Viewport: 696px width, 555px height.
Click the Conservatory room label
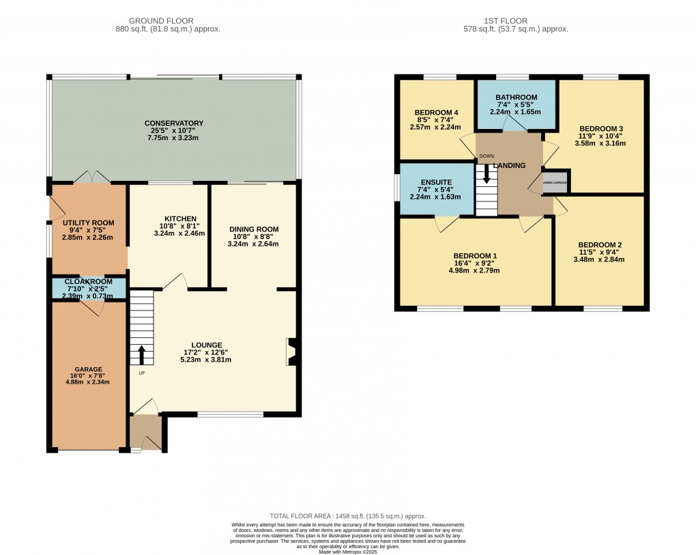(173, 124)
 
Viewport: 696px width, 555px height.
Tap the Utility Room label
(88, 223)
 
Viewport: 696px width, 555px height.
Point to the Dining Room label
(253, 229)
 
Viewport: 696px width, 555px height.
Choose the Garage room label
(89, 369)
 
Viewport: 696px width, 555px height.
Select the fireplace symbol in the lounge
(291, 349)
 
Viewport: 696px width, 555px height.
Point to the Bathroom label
(516, 98)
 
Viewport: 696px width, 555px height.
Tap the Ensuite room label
(436, 182)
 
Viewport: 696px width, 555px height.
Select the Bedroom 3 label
(600, 128)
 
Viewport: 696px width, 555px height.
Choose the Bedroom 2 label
(599, 245)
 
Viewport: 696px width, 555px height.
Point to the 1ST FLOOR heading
(524, 21)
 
